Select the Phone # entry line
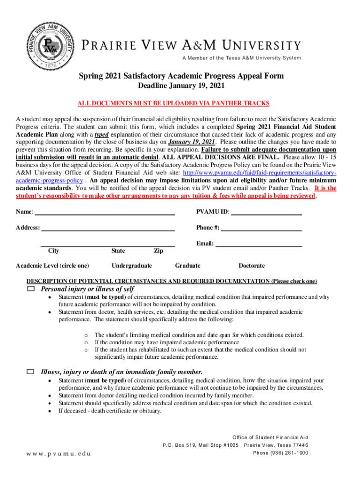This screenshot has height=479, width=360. point(261,229)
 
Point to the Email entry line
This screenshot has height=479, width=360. point(259,245)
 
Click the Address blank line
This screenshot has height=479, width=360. point(108,229)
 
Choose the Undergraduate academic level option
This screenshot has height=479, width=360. point(131,266)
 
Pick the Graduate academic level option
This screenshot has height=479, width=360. point(187,266)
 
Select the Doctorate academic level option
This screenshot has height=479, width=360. point(252,266)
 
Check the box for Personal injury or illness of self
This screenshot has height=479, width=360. point(31,289)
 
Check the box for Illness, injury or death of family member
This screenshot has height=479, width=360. point(31,372)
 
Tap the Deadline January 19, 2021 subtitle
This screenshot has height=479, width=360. point(181,86)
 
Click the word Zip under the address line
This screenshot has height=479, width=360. point(158,251)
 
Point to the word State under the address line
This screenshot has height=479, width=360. point(118,251)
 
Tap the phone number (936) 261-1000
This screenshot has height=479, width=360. point(281,453)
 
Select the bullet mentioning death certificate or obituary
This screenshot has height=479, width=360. point(109,411)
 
